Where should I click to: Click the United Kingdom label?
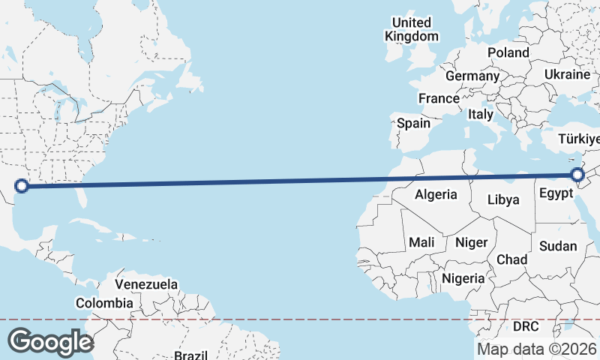412,29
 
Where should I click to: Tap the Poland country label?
508,52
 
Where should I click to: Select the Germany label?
472,76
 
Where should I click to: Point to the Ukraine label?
567,75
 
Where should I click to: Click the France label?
439,98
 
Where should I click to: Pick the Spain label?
414,123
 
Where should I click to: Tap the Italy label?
480,115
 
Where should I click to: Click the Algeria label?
436,194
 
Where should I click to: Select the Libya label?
502,200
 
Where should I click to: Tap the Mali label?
421,242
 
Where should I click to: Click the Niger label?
472,242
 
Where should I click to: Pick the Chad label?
512,259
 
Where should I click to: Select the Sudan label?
559,246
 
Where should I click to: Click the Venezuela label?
146,284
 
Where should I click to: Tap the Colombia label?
104,303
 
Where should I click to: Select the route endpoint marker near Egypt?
577,175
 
